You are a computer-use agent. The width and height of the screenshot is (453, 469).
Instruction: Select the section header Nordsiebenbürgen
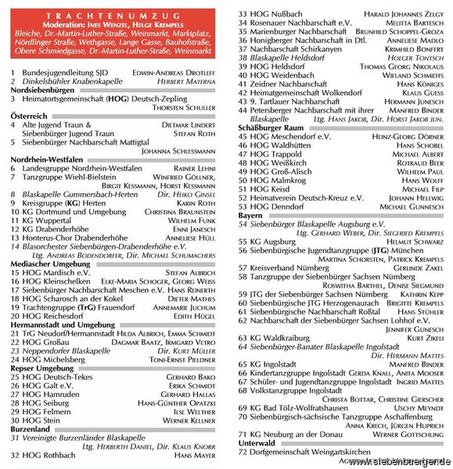click(42, 91)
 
